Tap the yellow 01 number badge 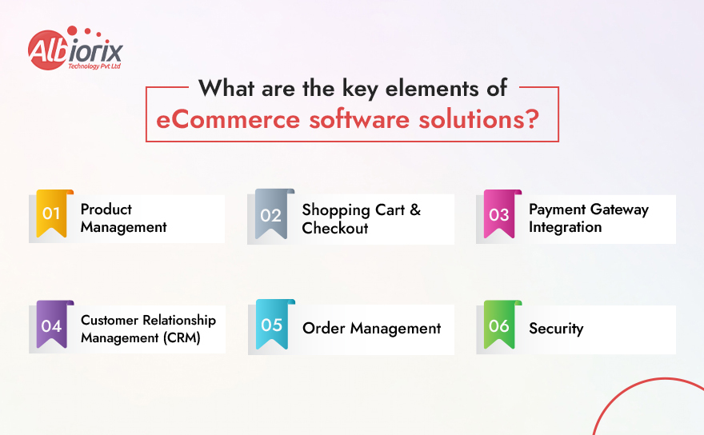[52, 214]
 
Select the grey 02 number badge [272, 215]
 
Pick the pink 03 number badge [499, 215]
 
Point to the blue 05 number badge [272, 325]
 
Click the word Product [106, 210]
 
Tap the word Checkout [335, 229]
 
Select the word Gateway [618, 210]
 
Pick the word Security [556, 329]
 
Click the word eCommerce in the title [228, 121]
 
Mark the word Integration [565, 227]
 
